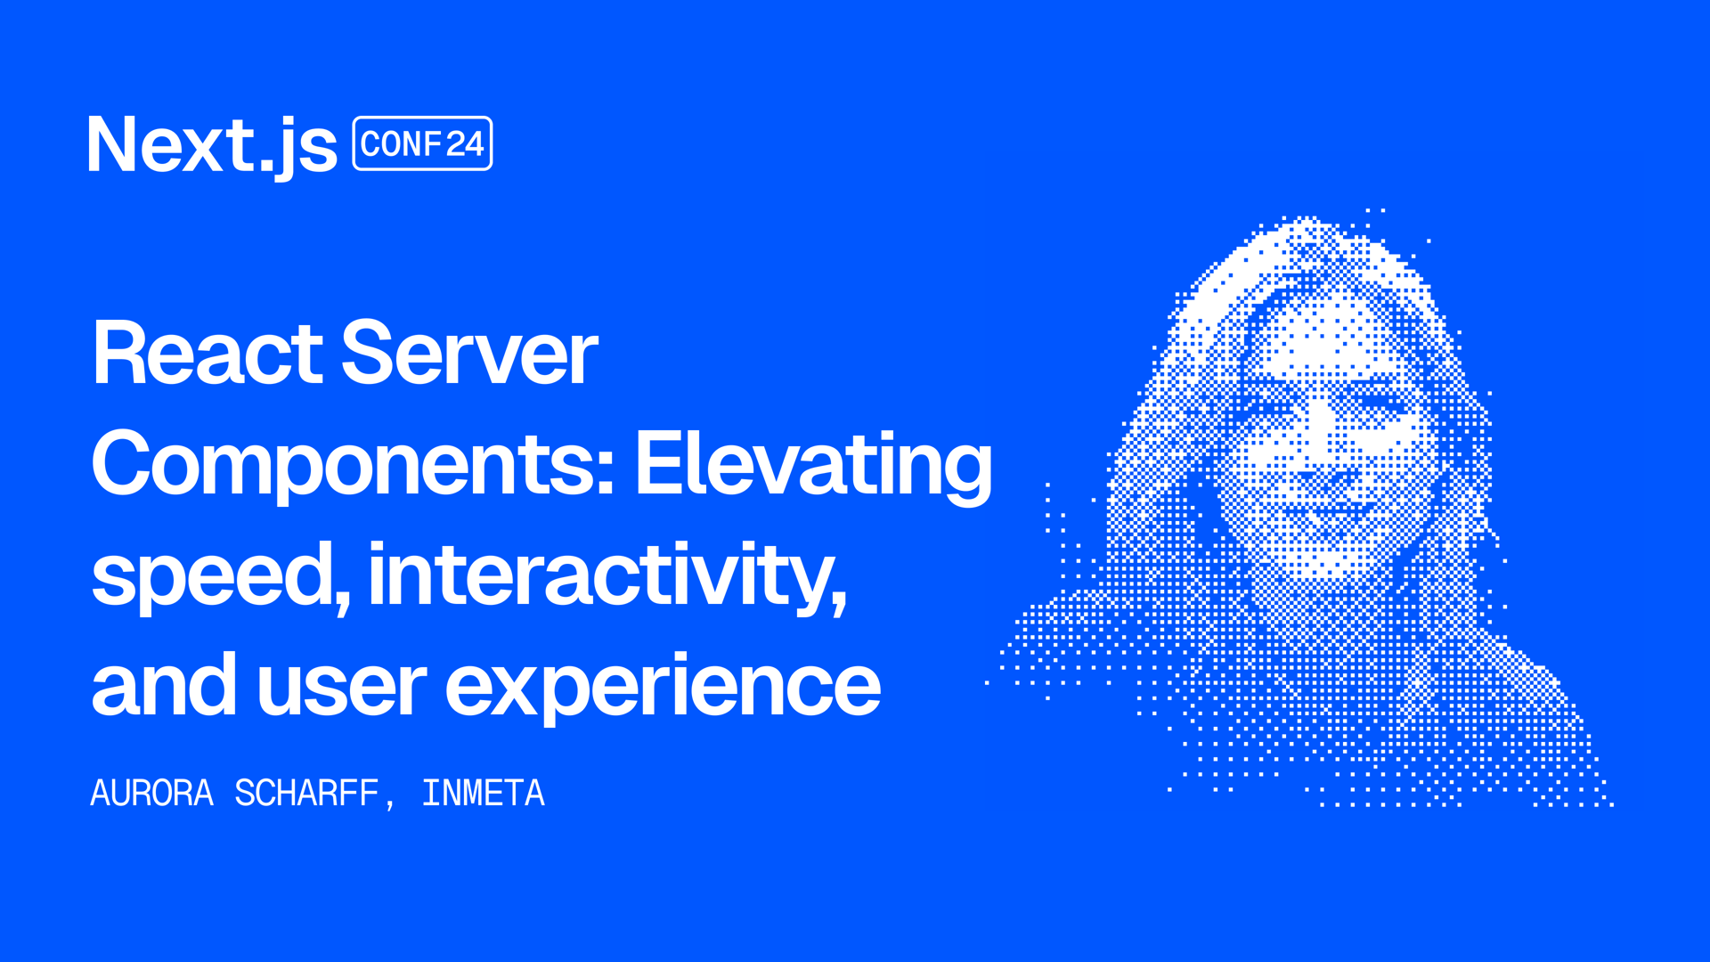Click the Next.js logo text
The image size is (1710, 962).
[x=212, y=144]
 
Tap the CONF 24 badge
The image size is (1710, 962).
[x=422, y=143]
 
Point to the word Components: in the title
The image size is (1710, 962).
[x=354, y=464]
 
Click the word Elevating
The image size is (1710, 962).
[x=813, y=464]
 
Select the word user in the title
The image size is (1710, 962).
[x=342, y=688]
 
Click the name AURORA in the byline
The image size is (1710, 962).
[x=152, y=793]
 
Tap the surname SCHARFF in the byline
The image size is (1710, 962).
[x=307, y=793]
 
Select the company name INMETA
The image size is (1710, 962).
[x=483, y=793]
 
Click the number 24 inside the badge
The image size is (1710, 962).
[x=465, y=144]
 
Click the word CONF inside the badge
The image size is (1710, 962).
[x=402, y=144]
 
